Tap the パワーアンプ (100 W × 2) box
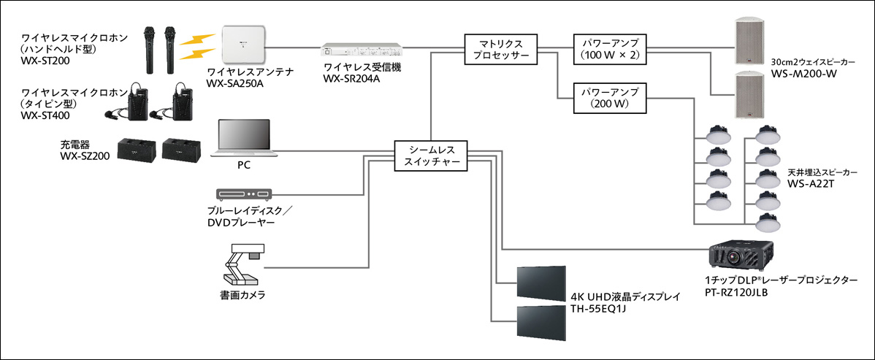click(609, 48)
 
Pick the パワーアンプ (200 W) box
click(609, 99)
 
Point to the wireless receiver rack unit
click(362, 51)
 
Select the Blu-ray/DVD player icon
click(244, 194)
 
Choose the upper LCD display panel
click(541, 280)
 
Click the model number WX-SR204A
click(351, 78)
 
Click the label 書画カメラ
click(242, 295)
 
